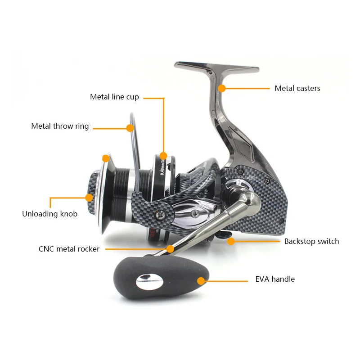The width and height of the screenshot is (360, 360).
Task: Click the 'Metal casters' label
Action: pyautogui.click(x=297, y=89)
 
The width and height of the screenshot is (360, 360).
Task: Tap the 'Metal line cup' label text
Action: pyautogui.click(x=114, y=97)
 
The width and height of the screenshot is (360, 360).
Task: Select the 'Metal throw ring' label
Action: pyautogui.click(x=60, y=126)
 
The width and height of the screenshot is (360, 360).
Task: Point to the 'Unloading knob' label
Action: pyautogui.click(x=49, y=214)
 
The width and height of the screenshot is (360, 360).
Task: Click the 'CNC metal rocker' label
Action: pyautogui.click(x=69, y=249)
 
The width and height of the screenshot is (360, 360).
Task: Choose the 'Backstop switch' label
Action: pyautogui.click(x=311, y=241)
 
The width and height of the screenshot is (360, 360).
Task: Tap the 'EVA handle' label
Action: pyautogui.click(x=275, y=279)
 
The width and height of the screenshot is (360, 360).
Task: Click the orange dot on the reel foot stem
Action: pyautogui.click(x=221, y=88)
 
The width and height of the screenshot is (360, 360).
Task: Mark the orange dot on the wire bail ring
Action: pyautogui.click(x=130, y=128)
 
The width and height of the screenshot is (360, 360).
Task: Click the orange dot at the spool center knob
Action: pyautogui.click(x=90, y=197)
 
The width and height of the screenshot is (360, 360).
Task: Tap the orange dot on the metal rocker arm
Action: pyautogui.click(x=170, y=248)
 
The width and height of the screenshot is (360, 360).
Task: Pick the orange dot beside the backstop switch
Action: pyautogui.click(x=231, y=241)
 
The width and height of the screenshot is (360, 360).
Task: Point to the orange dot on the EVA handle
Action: pyautogui.click(x=201, y=281)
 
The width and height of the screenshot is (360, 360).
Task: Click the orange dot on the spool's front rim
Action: pyautogui.click(x=106, y=158)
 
